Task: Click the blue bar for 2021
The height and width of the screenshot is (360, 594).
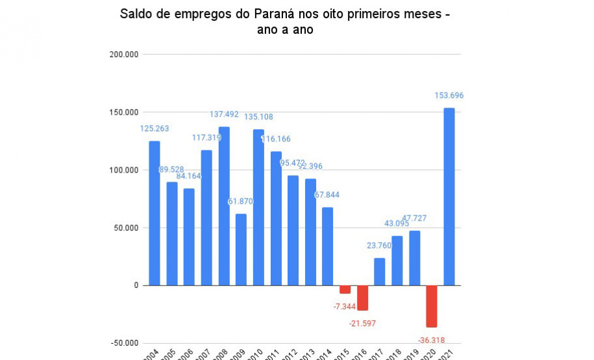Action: (449, 197)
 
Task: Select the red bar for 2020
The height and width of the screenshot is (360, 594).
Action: (432, 306)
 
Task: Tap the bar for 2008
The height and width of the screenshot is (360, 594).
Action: (224, 206)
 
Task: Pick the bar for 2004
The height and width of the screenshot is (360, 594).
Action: (155, 213)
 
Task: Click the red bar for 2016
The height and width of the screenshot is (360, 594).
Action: (362, 298)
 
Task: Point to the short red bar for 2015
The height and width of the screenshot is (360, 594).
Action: (345, 289)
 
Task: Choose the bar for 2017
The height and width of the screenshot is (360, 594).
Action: (380, 272)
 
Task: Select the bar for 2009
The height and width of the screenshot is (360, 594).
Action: (241, 249)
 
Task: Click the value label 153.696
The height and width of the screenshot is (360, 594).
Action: (449, 95)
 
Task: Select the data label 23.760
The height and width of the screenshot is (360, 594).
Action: (380, 245)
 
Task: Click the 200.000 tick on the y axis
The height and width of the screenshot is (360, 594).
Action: (125, 54)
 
